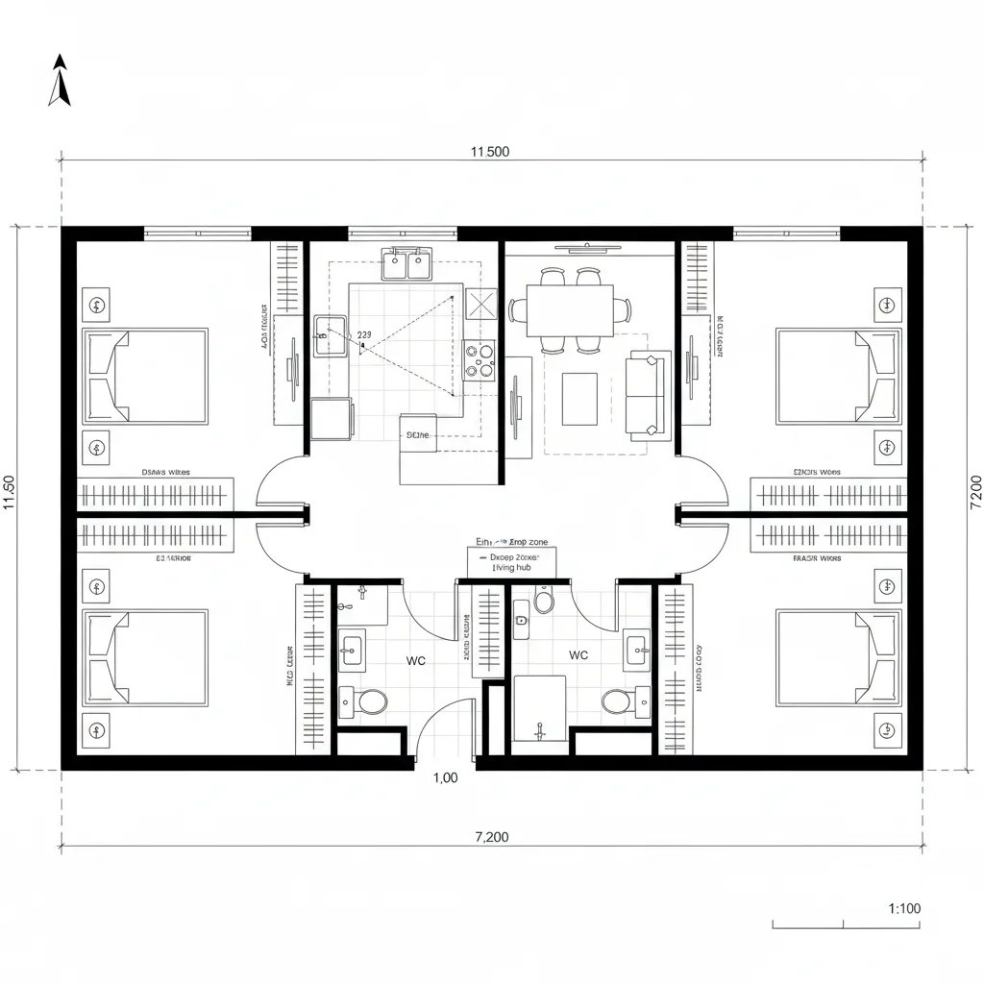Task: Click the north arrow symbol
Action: click(x=61, y=80)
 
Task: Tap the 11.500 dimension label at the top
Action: click(x=490, y=151)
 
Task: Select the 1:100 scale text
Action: click(x=902, y=908)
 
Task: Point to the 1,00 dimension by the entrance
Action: click(x=445, y=778)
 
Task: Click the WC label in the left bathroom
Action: click(x=416, y=661)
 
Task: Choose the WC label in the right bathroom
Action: click(x=578, y=655)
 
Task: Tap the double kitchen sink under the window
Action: click(x=405, y=262)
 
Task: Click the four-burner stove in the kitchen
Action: click(x=480, y=360)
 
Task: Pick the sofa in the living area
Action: click(x=647, y=395)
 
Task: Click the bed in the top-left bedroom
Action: click(x=146, y=376)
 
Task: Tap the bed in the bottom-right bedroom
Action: click(x=838, y=657)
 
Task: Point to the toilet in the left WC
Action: click(x=371, y=701)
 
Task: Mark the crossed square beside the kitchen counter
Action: click(x=480, y=305)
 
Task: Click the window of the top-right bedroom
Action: click(x=786, y=233)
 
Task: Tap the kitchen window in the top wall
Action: click(x=402, y=233)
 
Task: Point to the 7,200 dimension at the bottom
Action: click(x=492, y=837)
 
